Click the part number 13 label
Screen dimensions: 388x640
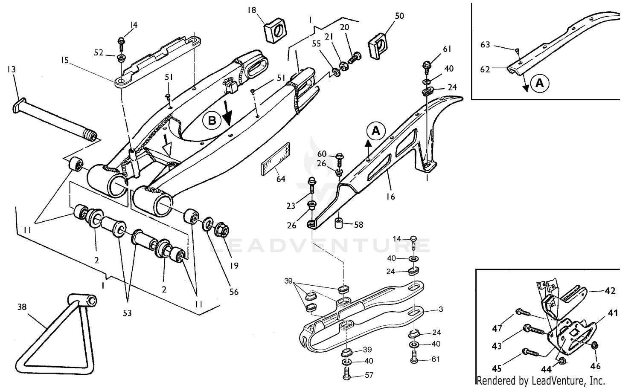(12, 69)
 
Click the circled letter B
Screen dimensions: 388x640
(212, 121)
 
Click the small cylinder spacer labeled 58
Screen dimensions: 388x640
(340, 223)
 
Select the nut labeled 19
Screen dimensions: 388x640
(223, 229)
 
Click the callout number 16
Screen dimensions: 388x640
(390, 197)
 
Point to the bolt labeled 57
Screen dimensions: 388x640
(347, 375)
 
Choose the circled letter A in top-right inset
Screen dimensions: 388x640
(539, 83)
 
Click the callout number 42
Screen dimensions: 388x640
(611, 291)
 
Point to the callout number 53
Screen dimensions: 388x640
(127, 313)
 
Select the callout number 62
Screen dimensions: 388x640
(485, 69)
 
